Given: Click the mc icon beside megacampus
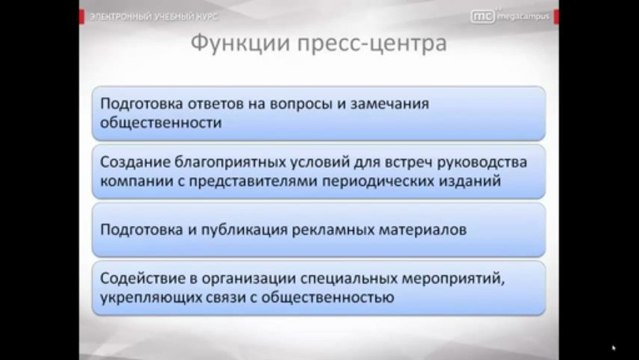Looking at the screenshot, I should tap(482, 16).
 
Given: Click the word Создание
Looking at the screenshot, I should tap(136, 162).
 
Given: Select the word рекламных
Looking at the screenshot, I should tap(343, 228).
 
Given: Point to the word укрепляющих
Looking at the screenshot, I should tap(152, 298).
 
